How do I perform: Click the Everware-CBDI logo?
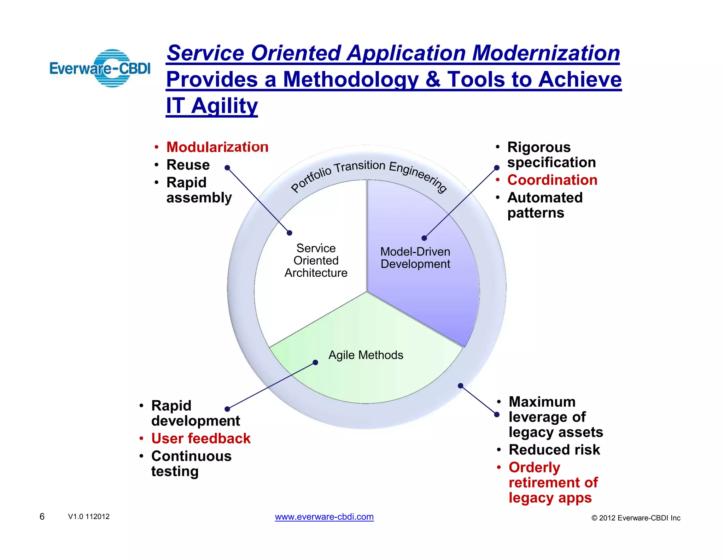coord(100,68)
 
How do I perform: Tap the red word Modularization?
coord(217,147)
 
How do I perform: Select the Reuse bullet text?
coord(188,165)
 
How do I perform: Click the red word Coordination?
coord(552,180)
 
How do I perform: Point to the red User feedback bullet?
coord(201,439)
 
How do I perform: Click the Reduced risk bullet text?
coord(554,450)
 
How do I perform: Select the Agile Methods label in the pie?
coord(366,355)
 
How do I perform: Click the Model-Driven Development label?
coord(415,258)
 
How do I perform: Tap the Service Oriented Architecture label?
coord(316,260)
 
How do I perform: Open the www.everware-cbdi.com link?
coord(324,517)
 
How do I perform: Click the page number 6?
coord(42,517)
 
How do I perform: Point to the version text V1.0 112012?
coord(89,517)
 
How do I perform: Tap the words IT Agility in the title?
coord(212,106)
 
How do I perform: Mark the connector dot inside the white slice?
coord(290,233)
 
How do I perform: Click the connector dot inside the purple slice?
coord(424,238)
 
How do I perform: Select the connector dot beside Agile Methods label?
coord(315,363)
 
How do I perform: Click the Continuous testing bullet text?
coord(191,464)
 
